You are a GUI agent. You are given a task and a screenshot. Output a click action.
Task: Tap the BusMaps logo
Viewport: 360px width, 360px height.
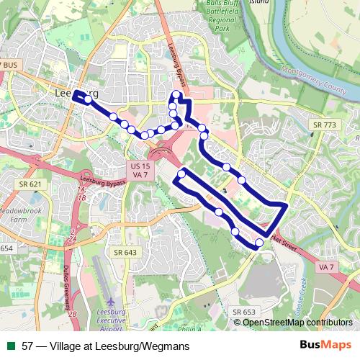[325, 346]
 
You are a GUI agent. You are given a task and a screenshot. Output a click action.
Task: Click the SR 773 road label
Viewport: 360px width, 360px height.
[325, 125]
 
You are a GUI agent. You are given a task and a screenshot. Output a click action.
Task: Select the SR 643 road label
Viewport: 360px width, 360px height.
[125, 252]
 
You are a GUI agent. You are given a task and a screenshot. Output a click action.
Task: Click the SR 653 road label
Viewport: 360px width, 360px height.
[244, 312]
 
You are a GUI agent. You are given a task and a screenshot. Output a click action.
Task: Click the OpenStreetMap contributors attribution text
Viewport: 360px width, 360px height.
[297, 322]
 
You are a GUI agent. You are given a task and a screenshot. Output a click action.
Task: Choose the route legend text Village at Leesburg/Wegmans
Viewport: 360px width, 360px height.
[106, 346]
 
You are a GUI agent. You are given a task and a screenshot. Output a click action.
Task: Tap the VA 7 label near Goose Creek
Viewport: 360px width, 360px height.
[326, 267]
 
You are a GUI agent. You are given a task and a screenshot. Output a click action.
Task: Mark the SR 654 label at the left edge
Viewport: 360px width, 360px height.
[6, 248]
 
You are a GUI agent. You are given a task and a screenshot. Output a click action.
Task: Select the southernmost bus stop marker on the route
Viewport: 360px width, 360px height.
[259, 242]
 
